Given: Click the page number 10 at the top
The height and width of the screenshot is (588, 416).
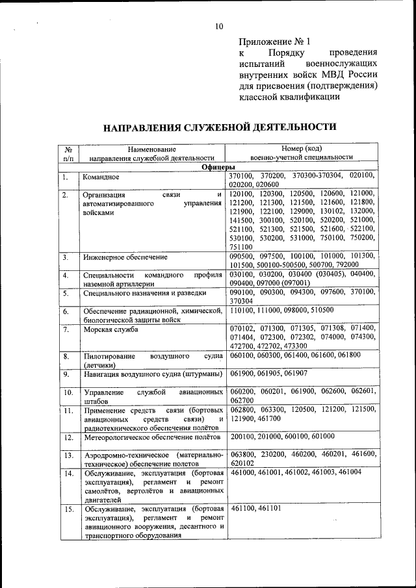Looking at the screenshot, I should point(218,27).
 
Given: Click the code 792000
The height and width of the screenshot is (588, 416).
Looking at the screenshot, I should point(343,265).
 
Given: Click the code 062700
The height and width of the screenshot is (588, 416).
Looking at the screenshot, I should point(242,401).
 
